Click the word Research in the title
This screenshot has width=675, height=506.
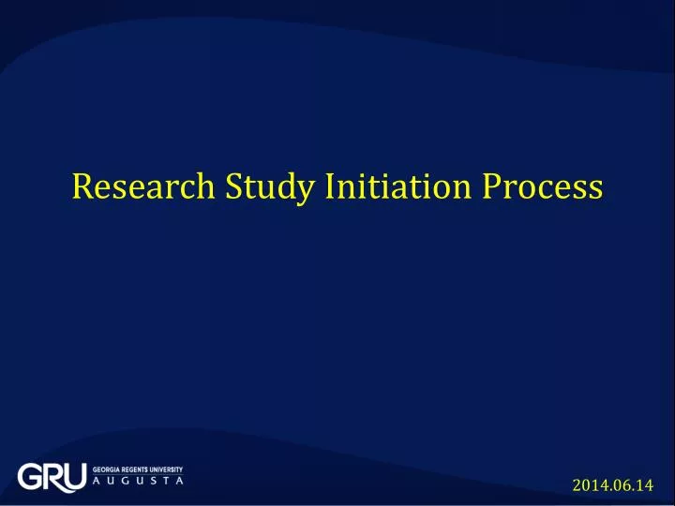click(142, 187)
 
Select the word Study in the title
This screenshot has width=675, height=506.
click(269, 189)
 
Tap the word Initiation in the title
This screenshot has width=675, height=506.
click(398, 187)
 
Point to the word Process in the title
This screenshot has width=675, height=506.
click(543, 187)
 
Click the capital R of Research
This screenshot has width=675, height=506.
click(82, 187)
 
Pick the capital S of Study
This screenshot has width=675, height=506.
click(233, 187)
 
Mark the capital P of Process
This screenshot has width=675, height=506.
click(493, 187)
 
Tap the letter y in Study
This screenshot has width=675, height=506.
click(305, 192)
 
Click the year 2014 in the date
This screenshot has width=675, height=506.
click(588, 485)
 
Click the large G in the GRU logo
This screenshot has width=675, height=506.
click(30, 477)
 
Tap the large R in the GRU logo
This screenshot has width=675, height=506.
click(53, 477)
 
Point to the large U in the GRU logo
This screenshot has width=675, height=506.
click(75, 477)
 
